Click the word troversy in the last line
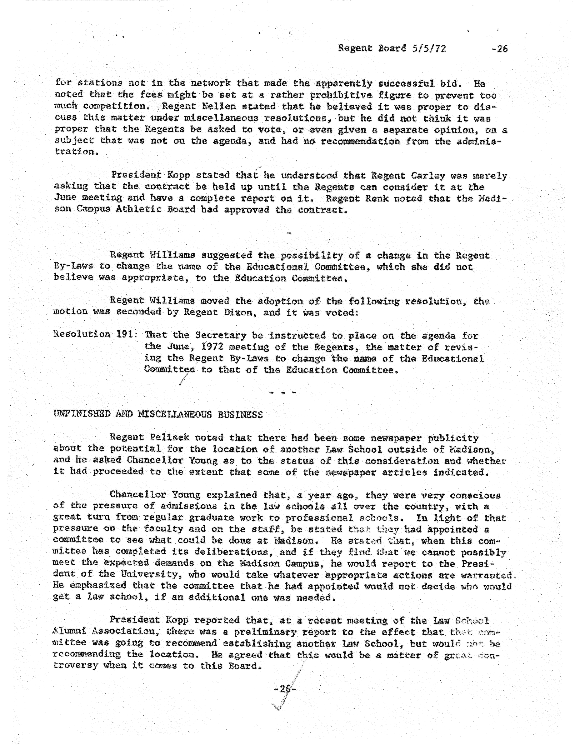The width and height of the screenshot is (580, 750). [75, 666]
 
